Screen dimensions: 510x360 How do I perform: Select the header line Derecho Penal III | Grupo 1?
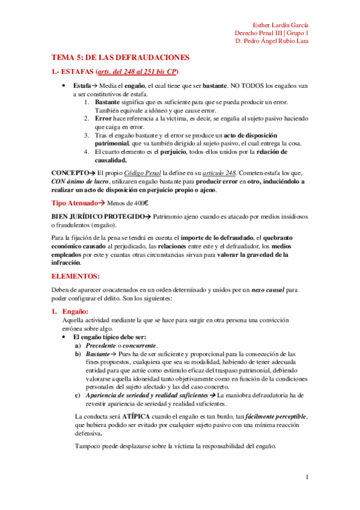[x=271, y=33]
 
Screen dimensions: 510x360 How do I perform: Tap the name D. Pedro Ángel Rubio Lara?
[x=272, y=41]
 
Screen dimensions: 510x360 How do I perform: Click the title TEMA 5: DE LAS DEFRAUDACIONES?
[x=120, y=57]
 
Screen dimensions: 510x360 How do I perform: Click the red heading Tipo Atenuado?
[x=76, y=203]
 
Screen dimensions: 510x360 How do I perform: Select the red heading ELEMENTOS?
[x=76, y=276]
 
